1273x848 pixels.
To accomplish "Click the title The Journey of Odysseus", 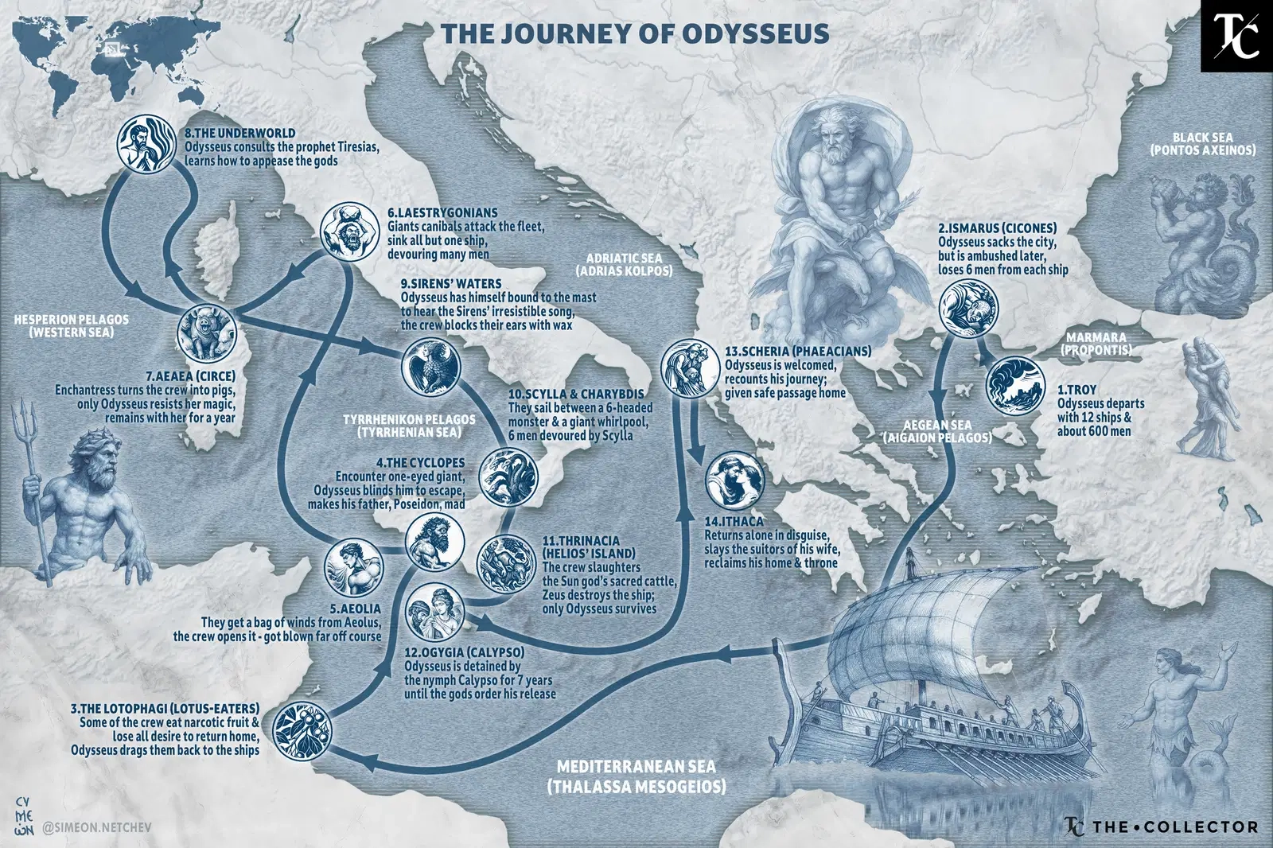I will (635, 33).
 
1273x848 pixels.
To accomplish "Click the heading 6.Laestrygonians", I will (442, 213).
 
